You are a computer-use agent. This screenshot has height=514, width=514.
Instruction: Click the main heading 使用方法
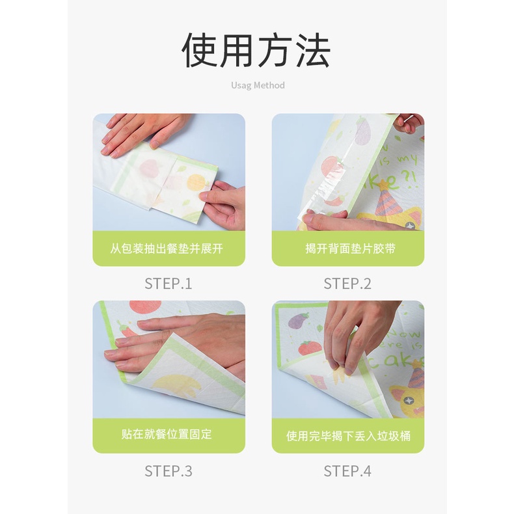(x=256, y=51)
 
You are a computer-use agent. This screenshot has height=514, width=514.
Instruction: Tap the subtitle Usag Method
(x=258, y=85)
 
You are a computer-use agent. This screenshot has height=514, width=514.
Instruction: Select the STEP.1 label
(x=169, y=284)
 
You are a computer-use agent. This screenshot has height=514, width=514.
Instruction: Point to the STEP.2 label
(x=347, y=284)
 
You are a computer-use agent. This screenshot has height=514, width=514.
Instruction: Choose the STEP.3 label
(x=169, y=472)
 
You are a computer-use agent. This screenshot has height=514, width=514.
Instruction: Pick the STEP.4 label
(x=347, y=472)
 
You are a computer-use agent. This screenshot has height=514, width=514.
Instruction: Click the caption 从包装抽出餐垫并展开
(x=167, y=249)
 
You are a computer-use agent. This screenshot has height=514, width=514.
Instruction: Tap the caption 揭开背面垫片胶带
(x=351, y=249)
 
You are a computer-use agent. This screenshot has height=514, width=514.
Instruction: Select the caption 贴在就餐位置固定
(x=167, y=435)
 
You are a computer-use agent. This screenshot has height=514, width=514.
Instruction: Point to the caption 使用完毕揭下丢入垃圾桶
(x=348, y=436)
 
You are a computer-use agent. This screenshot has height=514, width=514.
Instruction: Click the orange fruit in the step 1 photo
(x=196, y=183)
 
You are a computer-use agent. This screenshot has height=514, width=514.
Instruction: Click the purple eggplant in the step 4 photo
(x=298, y=320)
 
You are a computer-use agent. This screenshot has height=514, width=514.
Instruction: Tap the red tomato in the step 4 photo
(x=310, y=348)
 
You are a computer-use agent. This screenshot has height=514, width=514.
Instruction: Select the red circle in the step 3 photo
(x=145, y=306)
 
